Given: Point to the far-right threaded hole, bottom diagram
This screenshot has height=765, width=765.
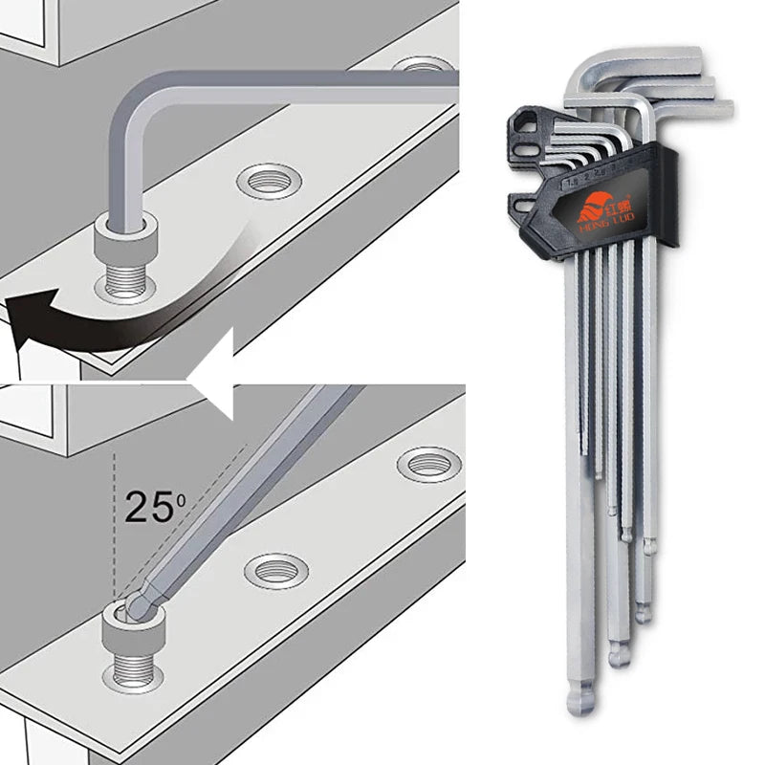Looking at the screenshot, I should (x=427, y=464).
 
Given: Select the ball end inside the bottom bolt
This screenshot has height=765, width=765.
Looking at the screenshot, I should (x=137, y=603).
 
